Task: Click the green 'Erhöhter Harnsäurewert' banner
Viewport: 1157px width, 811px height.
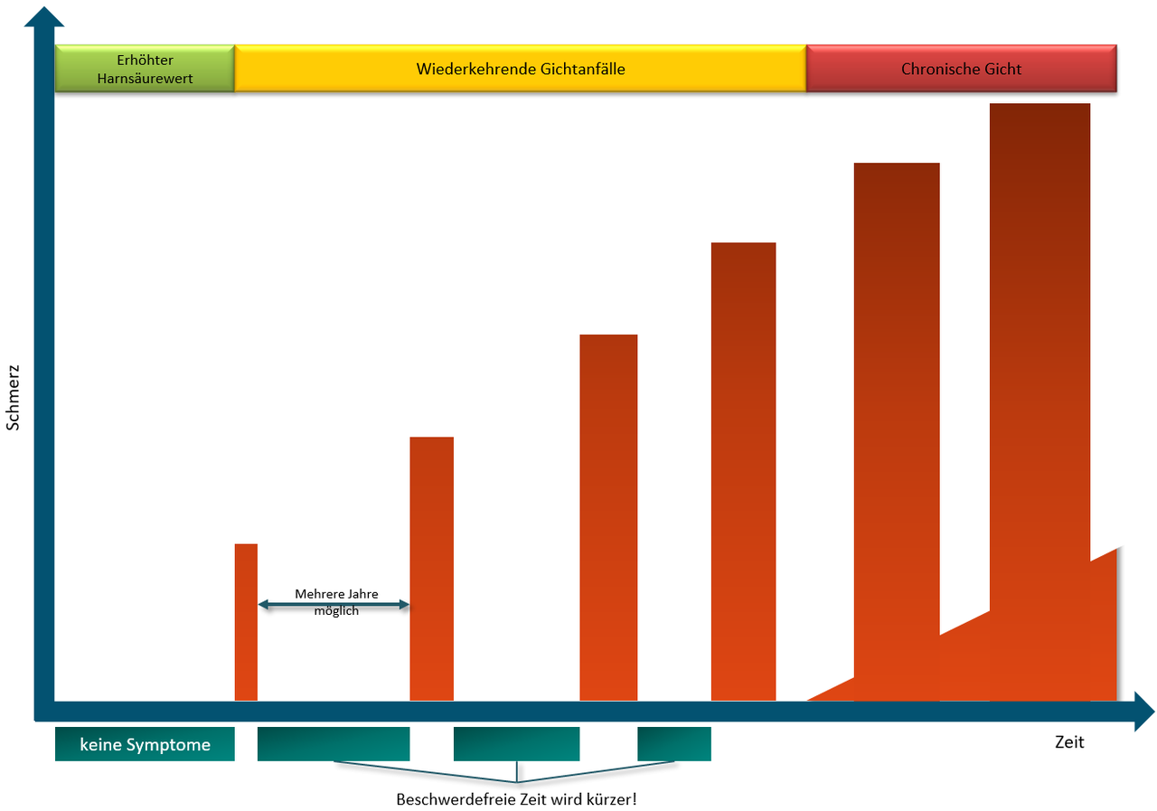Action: tap(145, 69)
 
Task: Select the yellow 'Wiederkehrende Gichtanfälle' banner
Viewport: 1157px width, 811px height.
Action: tap(520, 69)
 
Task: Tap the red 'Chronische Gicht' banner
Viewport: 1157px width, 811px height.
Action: tap(961, 69)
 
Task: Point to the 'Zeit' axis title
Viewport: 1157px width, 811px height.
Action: tap(1069, 742)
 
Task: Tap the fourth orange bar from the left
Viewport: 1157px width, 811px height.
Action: tap(743, 471)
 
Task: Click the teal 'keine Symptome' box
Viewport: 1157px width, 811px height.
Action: tap(145, 744)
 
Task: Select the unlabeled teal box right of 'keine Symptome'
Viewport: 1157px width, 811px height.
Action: tap(334, 744)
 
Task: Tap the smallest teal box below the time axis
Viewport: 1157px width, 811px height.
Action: tap(673, 744)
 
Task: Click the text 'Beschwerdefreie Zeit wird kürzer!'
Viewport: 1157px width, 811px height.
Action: tap(516, 800)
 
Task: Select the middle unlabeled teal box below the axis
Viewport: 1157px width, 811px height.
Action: tap(516, 744)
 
